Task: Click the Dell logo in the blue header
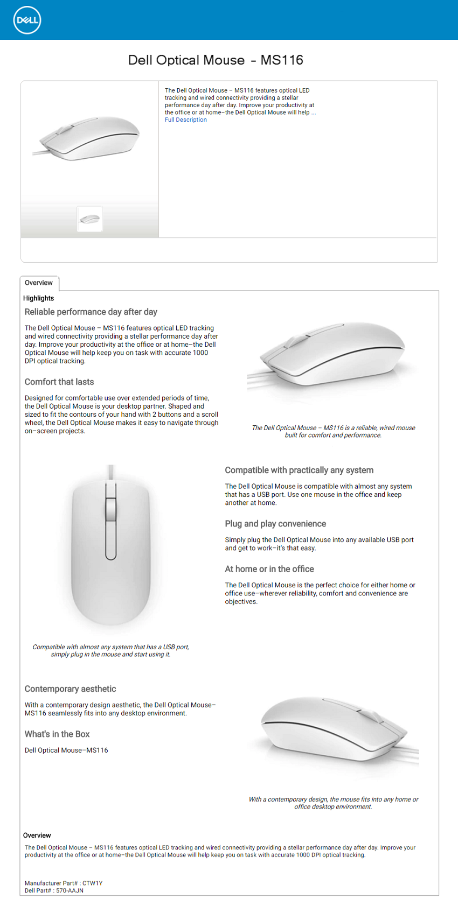(x=27, y=20)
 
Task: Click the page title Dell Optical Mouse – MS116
(x=216, y=60)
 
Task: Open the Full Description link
(x=185, y=120)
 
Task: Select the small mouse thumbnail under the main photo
(x=89, y=219)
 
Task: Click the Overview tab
(x=39, y=283)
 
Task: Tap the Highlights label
(x=38, y=298)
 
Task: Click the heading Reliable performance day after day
(x=91, y=312)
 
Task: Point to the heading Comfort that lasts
(x=59, y=382)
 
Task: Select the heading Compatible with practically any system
(x=299, y=470)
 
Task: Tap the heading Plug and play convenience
(x=275, y=524)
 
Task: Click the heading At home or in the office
(x=269, y=569)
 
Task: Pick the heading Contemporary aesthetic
(x=70, y=689)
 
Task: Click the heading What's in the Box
(x=57, y=734)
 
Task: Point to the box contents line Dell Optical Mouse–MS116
(x=66, y=750)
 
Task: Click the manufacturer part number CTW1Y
(x=92, y=883)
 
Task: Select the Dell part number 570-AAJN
(x=70, y=891)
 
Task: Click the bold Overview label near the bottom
(x=37, y=835)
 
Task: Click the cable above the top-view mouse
(x=111, y=472)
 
